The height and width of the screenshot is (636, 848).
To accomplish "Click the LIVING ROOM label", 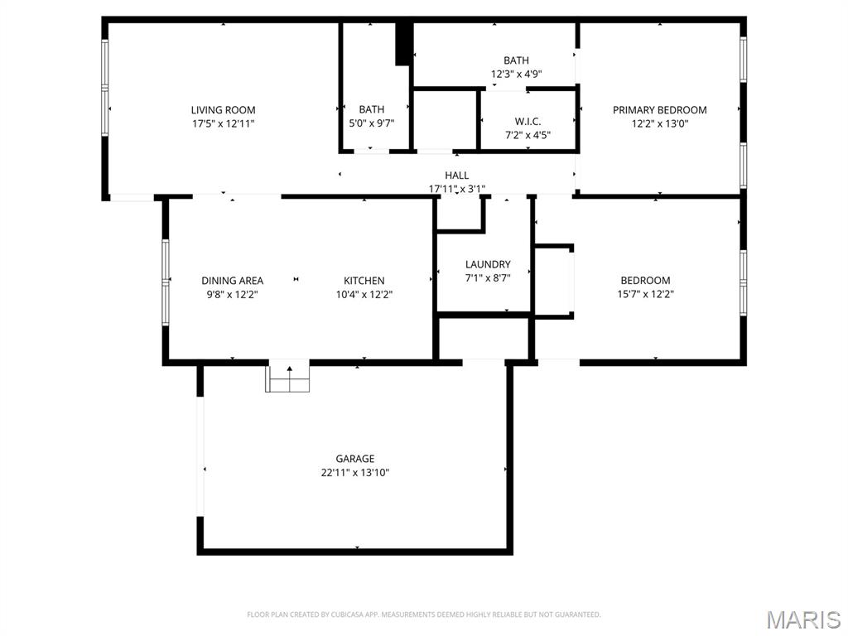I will coord(223,110).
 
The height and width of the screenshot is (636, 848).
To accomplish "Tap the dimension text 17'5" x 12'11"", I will coord(223,123).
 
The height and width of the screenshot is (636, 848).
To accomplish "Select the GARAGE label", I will coord(355,459).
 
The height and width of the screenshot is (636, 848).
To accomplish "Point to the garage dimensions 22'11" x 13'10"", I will coord(355,473).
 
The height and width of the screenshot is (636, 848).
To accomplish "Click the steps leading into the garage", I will coord(287,379).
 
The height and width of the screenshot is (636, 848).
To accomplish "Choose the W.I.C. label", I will coord(528,121).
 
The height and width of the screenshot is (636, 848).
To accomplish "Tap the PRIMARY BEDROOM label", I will coord(659,110).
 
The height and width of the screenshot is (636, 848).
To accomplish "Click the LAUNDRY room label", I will coord(488,265).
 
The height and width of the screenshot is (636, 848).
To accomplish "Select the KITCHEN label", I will coord(364,281).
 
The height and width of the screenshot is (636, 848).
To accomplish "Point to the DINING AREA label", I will coord(232,281).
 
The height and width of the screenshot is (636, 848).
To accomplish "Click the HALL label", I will coord(456,176).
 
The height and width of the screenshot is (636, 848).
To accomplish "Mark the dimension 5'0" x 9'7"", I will coord(371,123).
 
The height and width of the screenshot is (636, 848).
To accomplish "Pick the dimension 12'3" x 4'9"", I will coord(516,74).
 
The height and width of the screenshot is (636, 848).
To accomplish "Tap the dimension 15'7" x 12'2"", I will coord(645,294).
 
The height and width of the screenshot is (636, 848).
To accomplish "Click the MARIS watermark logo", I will coord(802,619).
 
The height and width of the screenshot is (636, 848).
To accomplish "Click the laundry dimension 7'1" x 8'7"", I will coord(488,278).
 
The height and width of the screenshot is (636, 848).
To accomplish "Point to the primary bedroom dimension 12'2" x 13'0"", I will coord(659,123).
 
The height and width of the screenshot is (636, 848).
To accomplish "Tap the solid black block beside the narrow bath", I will coord(404,44).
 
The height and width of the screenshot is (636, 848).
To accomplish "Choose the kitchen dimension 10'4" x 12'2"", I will coord(364,294).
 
